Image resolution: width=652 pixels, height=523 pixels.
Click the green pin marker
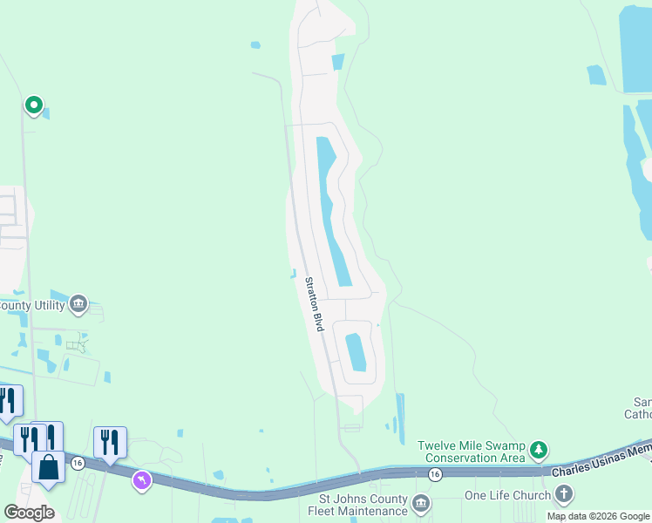(34, 105)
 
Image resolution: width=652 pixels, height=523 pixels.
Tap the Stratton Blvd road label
(314, 303)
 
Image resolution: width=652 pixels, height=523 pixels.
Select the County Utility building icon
(78, 303)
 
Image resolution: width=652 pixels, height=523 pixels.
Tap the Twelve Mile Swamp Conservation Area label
(472, 451)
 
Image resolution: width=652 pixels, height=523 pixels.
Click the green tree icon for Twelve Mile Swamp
(540, 450)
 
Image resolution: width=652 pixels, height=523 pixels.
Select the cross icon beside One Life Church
(564, 495)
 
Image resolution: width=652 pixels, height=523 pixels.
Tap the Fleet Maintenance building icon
(420, 503)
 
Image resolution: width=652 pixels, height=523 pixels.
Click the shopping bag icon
(48, 466)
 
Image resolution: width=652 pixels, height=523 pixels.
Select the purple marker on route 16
(141, 479)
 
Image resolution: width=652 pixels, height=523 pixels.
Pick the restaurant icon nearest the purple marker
(110, 443)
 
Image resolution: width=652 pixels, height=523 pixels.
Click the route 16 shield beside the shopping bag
(78, 463)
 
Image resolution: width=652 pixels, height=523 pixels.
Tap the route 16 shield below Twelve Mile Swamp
(435, 472)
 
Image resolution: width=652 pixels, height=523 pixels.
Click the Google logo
(29, 513)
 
